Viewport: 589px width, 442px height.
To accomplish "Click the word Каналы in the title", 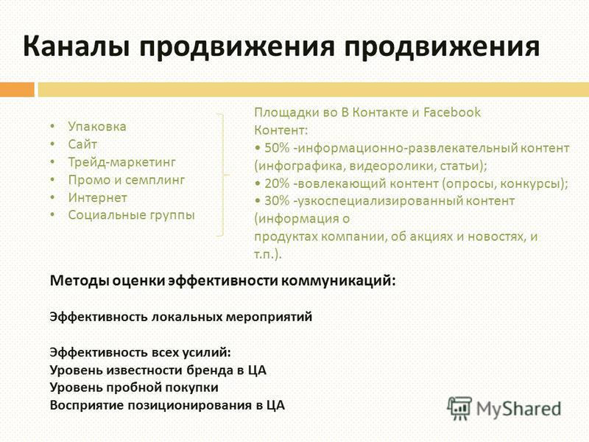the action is point(77,46).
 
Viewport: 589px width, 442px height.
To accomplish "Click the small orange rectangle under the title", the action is point(17,89).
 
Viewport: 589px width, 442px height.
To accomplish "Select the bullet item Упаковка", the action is point(97,127).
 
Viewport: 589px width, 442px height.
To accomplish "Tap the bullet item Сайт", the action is point(82,144).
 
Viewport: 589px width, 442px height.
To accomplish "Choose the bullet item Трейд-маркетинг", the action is point(121,162).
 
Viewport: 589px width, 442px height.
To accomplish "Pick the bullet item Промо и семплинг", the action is point(126,180).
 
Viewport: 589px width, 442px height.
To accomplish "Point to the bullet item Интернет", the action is point(98,197).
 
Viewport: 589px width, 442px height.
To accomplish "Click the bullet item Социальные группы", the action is point(132,215).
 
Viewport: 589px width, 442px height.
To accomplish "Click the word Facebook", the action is point(452,113).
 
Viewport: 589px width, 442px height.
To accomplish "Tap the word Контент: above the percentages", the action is point(281,130).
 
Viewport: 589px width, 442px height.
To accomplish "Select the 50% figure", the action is point(277,148).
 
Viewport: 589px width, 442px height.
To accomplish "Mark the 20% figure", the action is point(277,183).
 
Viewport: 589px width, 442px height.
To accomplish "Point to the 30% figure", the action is point(277,200).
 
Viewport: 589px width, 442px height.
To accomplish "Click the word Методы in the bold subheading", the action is point(79,281).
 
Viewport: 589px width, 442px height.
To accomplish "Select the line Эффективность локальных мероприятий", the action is point(181,317).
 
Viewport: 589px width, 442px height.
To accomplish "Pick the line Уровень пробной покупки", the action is point(134,387).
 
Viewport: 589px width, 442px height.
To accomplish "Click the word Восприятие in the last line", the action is point(87,405).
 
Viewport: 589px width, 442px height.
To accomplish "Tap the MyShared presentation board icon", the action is point(459,409).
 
